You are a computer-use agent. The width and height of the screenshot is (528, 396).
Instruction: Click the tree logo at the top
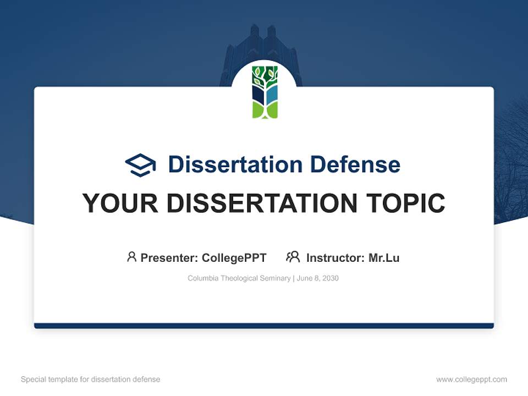point(265,92)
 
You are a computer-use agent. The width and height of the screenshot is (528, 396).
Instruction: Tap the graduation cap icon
point(140,165)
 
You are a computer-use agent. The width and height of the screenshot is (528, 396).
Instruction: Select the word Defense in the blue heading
point(355,164)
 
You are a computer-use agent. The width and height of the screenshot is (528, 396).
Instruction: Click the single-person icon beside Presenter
point(131,257)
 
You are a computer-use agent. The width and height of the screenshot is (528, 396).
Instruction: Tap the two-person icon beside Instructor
point(293,257)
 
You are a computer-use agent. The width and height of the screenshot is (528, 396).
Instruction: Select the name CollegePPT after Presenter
point(234,257)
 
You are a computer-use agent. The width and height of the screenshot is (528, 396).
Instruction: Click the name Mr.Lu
point(384,257)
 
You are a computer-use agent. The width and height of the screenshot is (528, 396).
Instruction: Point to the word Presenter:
point(169,257)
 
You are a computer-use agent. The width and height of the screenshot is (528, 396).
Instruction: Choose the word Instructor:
point(335,257)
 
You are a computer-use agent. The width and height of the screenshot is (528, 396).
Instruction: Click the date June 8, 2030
point(318,278)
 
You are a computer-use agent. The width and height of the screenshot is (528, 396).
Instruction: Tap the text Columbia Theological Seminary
point(239,278)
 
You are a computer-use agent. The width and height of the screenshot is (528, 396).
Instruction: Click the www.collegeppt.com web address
point(471,380)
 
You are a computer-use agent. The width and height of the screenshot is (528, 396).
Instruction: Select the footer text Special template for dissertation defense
point(91,380)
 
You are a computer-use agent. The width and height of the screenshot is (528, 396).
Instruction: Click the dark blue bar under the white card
point(264,326)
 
